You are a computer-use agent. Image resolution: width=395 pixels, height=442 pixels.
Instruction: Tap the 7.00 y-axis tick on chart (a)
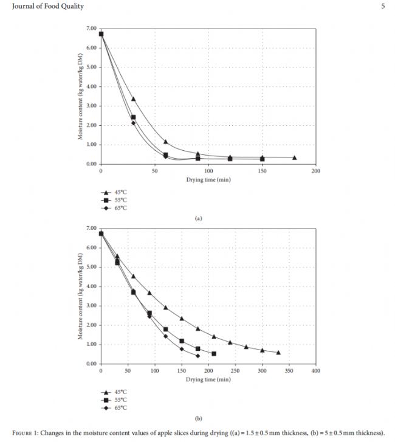[x=91, y=29]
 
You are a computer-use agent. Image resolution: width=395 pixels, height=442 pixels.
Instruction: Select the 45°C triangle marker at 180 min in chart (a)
[x=294, y=157]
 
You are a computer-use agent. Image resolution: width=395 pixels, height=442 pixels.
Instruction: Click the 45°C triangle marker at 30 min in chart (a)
[x=133, y=98]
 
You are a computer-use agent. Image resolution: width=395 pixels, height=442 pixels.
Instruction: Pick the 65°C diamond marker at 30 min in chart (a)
[x=133, y=123]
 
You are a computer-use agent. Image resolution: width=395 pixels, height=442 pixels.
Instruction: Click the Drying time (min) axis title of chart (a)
[x=208, y=179]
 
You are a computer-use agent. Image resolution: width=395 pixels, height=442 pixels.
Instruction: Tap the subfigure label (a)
[x=197, y=218]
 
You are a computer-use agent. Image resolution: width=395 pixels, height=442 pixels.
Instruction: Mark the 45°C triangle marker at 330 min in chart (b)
[x=278, y=352]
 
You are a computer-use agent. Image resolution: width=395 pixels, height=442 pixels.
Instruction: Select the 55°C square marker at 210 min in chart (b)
[x=214, y=353]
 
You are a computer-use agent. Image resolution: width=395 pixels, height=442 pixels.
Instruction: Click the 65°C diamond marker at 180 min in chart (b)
[x=197, y=356]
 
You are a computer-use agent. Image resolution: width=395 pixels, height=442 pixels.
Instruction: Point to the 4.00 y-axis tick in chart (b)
[x=91, y=286]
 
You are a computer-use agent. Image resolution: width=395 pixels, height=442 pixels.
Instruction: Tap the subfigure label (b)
[x=197, y=418]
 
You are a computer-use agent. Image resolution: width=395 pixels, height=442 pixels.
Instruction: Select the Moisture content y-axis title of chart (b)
[x=80, y=296]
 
